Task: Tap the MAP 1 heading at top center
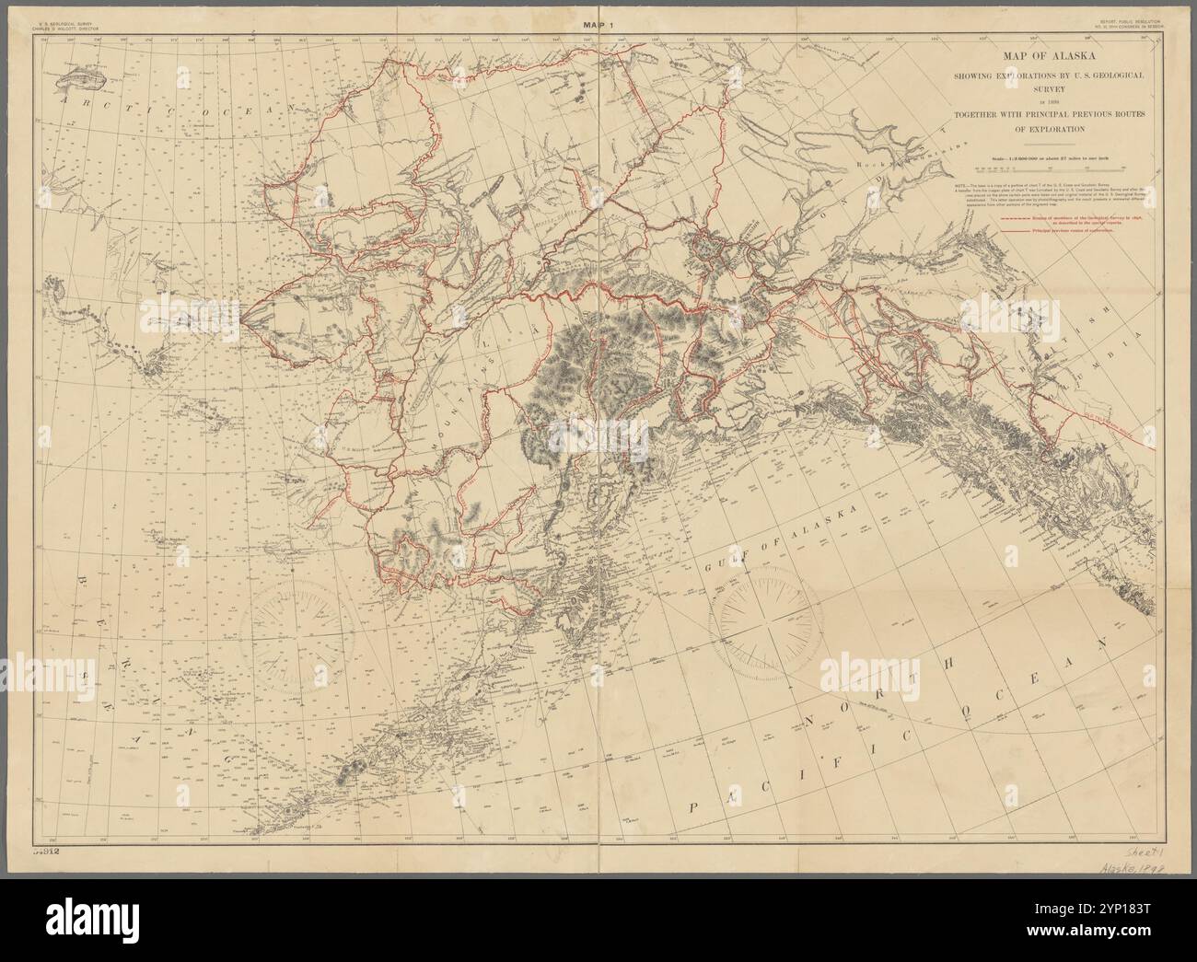[598, 26]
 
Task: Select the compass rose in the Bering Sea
[294, 633]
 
